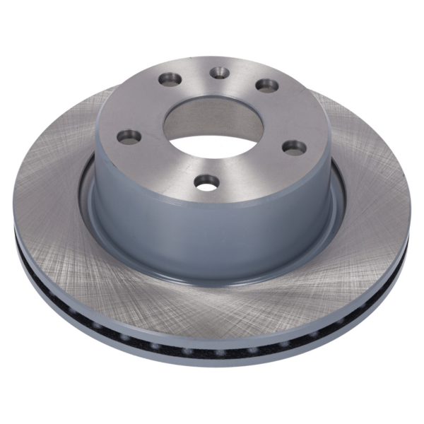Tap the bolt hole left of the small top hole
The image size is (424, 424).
click(169, 79)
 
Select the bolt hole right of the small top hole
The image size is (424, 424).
click(266, 85)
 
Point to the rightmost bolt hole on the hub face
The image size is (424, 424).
click(294, 147)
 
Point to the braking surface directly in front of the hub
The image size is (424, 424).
click(212, 311)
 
